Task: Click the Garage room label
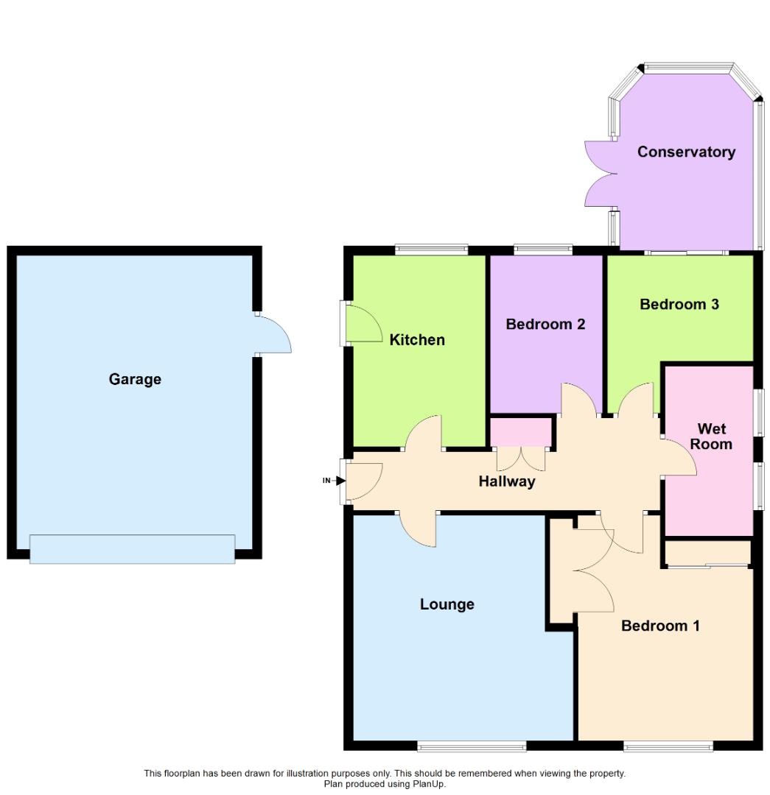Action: (x=135, y=379)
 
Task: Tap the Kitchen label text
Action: (x=417, y=339)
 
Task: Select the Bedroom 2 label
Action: (x=546, y=324)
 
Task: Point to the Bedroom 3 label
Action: (x=679, y=304)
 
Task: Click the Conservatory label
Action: (x=686, y=152)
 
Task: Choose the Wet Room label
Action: (x=711, y=437)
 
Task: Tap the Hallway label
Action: (x=507, y=481)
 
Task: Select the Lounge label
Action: (x=447, y=604)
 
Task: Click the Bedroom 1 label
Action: (x=660, y=626)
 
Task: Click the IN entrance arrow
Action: (x=340, y=480)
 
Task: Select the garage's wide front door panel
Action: (x=132, y=548)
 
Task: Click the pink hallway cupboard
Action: (x=521, y=432)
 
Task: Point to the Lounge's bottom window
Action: (x=472, y=746)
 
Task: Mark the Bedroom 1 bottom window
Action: (x=668, y=746)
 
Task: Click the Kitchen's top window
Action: (x=432, y=250)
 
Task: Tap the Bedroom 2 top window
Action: (x=543, y=250)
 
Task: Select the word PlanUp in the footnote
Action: (x=428, y=784)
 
